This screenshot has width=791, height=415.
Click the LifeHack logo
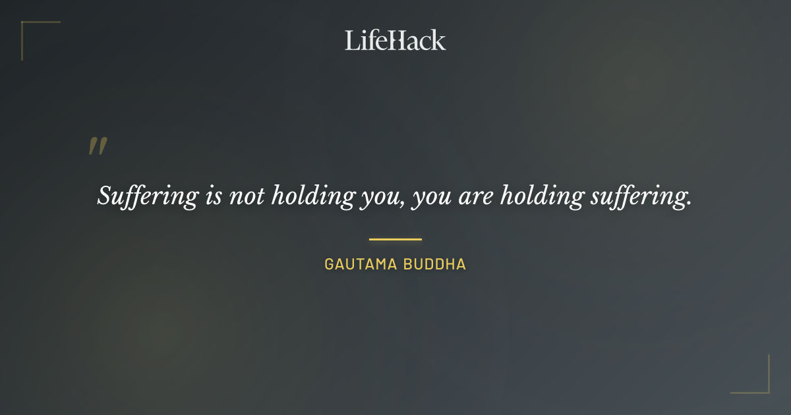(395, 40)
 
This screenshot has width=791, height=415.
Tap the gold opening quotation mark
(98, 146)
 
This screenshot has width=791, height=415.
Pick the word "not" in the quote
(243, 196)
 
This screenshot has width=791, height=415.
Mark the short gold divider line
(395, 239)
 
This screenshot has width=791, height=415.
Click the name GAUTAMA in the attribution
(361, 265)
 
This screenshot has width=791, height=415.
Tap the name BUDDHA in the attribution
(436, 265)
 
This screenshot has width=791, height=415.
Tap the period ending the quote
(689, 204)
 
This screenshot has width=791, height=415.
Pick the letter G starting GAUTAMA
(329, 265)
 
